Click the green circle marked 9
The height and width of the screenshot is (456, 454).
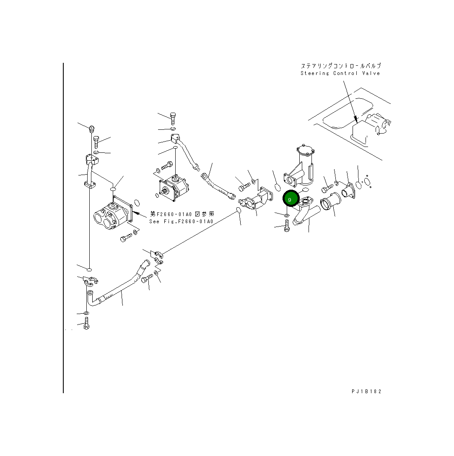(290, 199)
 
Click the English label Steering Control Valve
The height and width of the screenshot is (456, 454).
(340, 73)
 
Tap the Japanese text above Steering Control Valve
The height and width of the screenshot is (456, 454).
(340, 66)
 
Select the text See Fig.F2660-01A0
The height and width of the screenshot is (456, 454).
(181, 222)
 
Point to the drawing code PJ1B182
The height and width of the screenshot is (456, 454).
(366, 392)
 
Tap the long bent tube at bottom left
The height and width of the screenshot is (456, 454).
(117, 289)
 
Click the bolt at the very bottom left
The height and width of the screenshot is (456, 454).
(86, 323)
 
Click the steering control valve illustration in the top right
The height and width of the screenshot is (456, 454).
(369, 128)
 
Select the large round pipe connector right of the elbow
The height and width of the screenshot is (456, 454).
(329, 205)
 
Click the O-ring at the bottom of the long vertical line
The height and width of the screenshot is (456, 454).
(89, 268)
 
